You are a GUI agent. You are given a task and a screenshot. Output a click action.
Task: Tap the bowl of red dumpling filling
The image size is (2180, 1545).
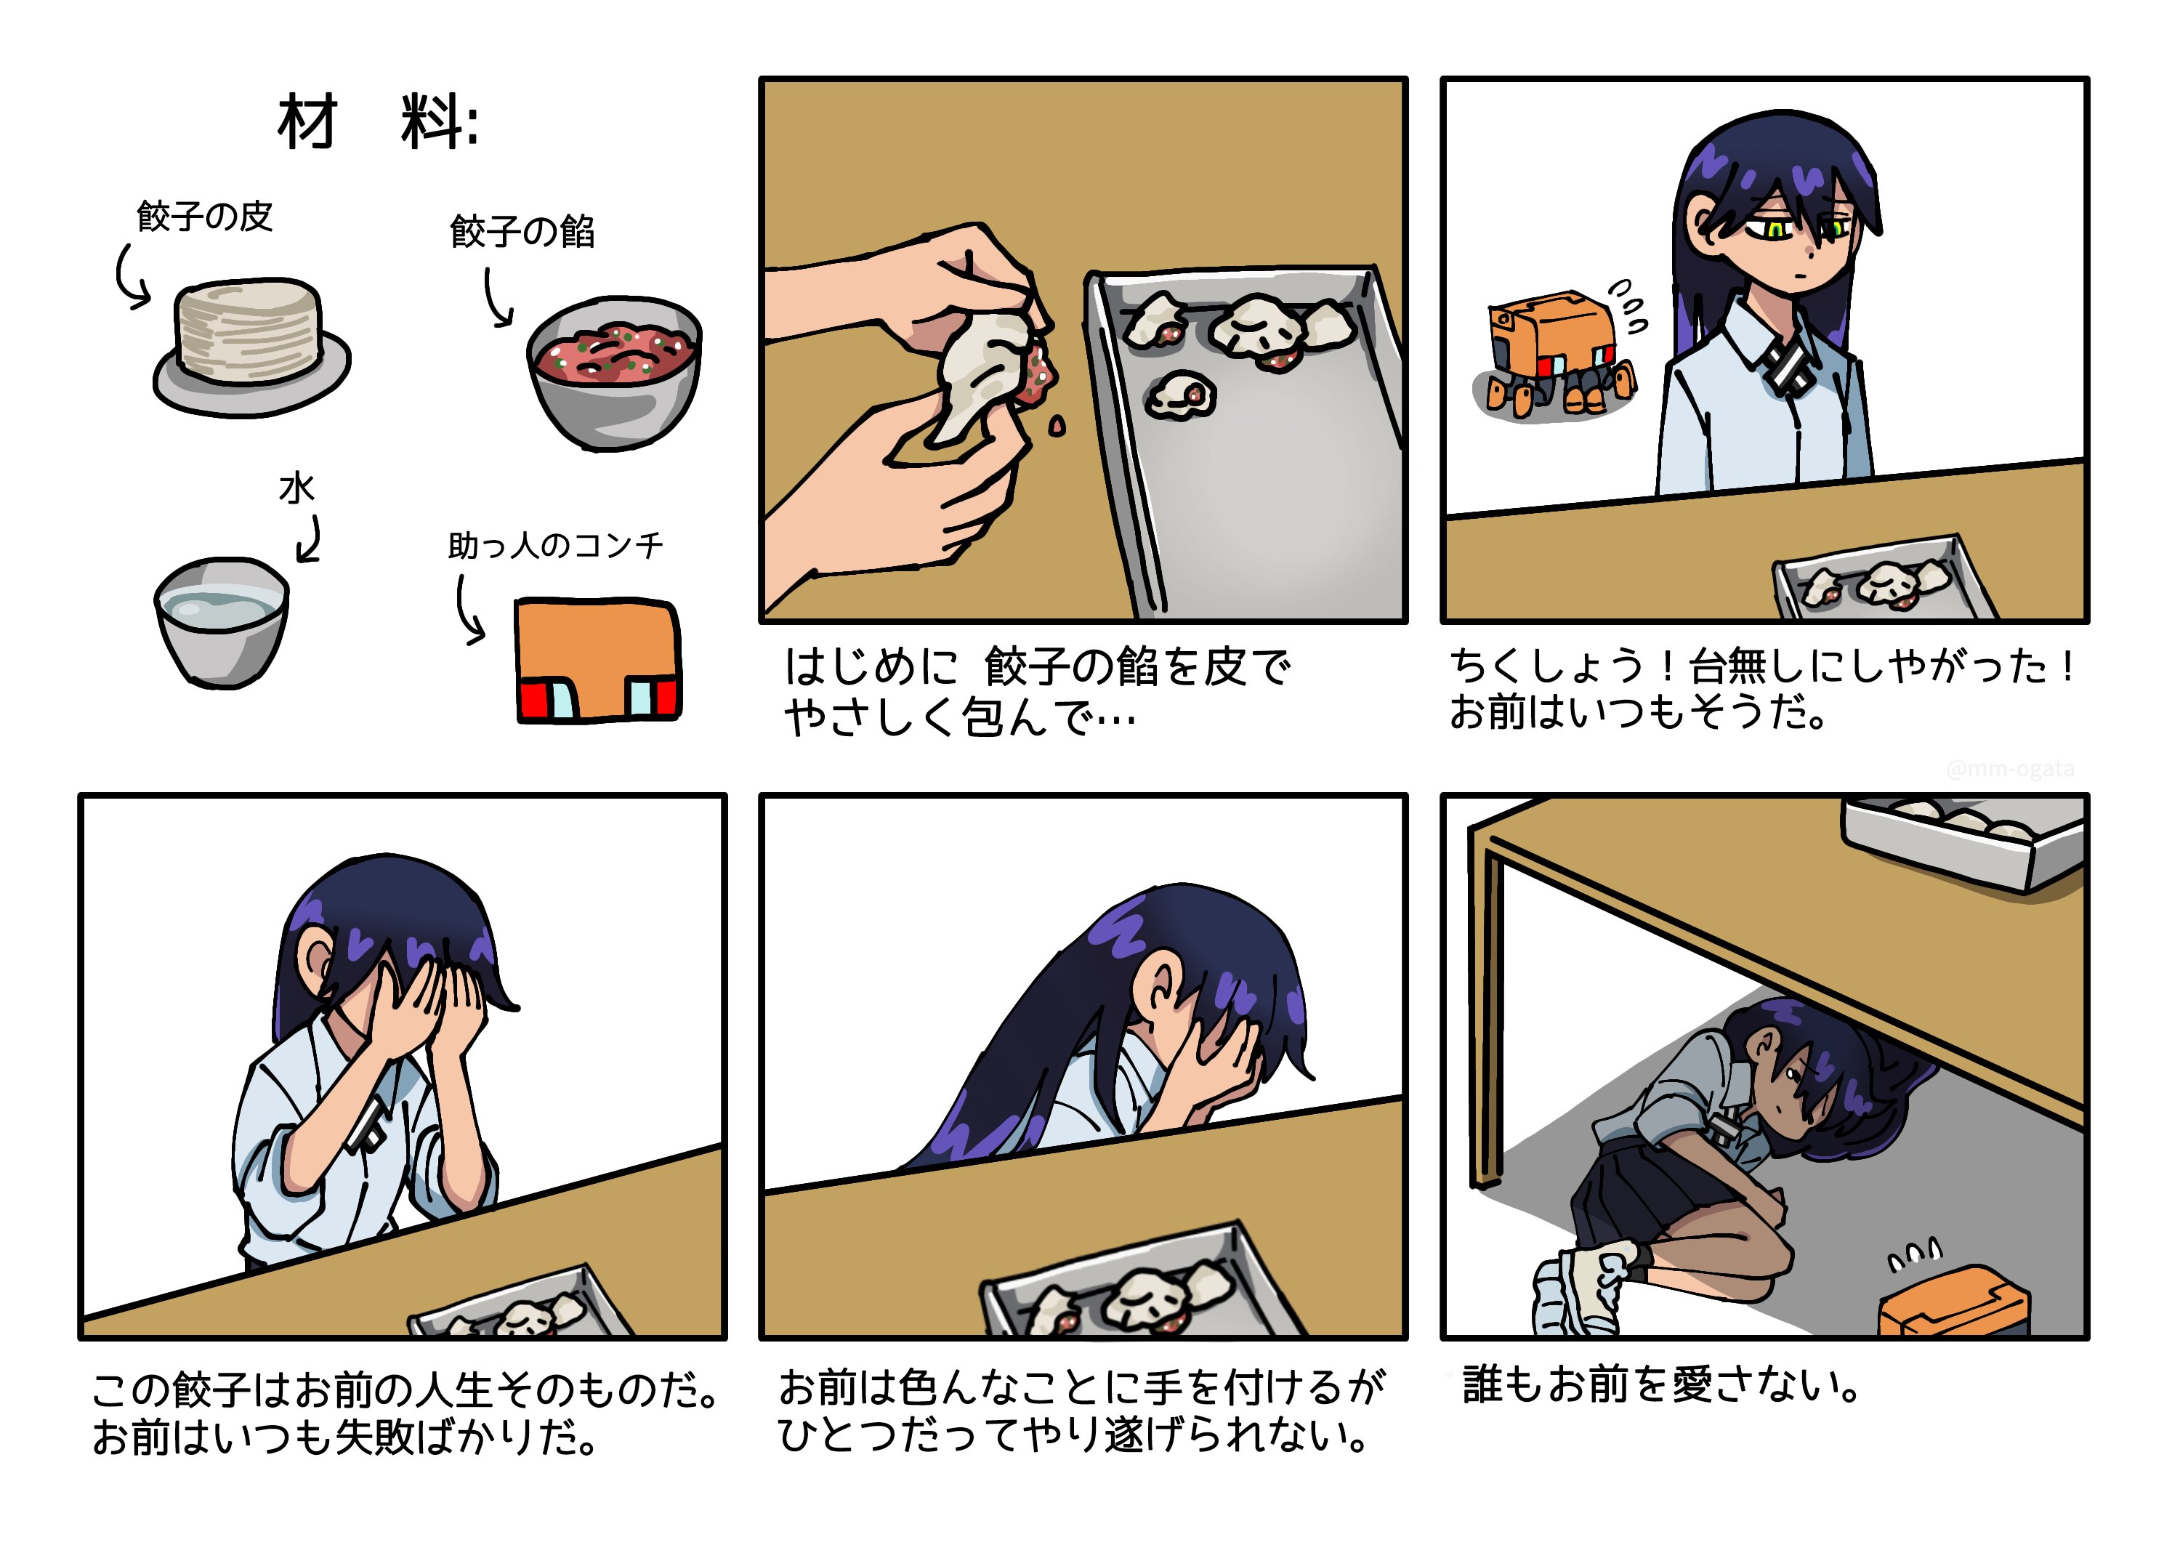click(x=615, y=372)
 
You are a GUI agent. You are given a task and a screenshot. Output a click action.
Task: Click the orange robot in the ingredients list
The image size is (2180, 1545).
click(x=598, y=659)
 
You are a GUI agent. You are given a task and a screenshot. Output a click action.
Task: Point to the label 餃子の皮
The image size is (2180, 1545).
click(x=204, y=216)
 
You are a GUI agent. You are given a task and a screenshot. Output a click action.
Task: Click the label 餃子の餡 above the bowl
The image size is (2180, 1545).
click(x=522, y=231)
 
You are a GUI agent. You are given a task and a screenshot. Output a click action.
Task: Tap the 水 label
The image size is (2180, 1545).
click(x=296, y=489)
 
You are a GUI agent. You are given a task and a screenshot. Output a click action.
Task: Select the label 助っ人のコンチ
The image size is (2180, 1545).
click(x=555, y=545)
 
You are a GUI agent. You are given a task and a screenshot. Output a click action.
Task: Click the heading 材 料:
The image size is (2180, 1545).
click(x=379, y=122)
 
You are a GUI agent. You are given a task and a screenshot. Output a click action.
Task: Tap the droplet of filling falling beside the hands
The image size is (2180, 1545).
click(x=1056, y=427)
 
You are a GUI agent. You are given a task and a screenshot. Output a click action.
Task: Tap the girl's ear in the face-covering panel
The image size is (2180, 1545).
click(x=314, y=960)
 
